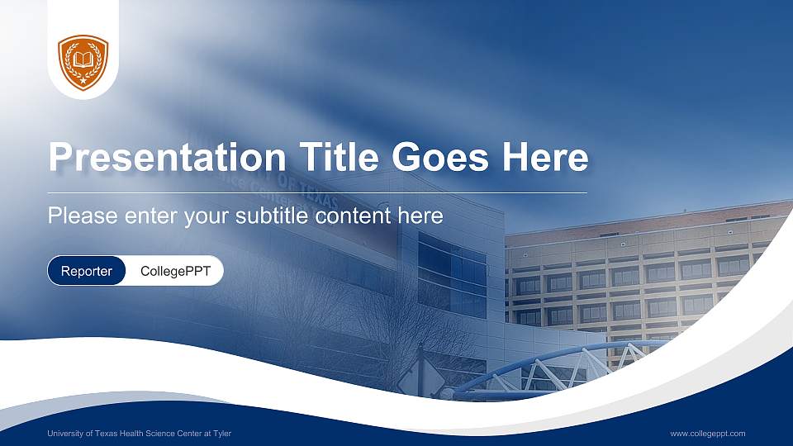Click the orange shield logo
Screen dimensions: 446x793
tap(83, 61)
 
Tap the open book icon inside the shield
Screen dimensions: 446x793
tap(83, 59)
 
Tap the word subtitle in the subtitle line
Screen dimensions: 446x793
tap(273, 216)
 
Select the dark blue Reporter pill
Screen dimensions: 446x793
tap(87, 271)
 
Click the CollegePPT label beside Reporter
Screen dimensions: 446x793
tap(175, 271)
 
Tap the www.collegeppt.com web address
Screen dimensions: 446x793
tap(707, 434)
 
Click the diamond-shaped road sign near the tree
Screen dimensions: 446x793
tap(411, 379)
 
